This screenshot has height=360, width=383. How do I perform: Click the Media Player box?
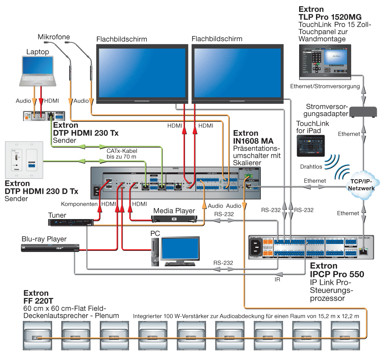click(x=174, y=219)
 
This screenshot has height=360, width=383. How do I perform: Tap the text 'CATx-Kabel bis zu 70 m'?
click(x=122, y=154)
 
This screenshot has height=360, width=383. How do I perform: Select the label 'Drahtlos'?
click(x=311, y=167)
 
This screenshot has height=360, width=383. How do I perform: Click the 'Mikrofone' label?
click(x=54, y=37)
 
